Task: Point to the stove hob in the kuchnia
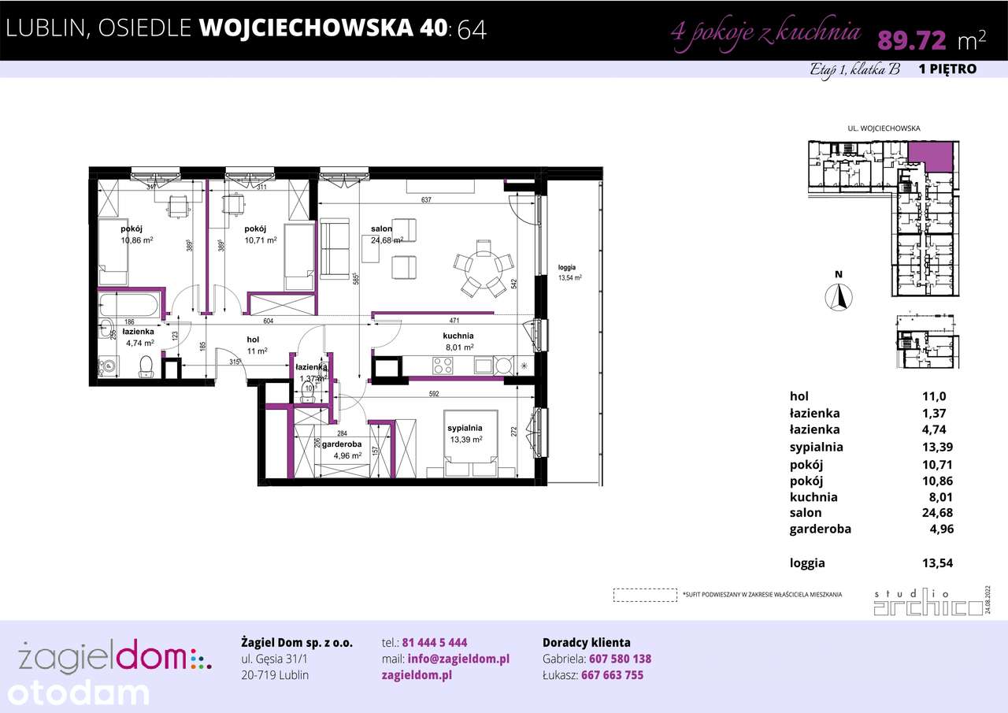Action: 443,366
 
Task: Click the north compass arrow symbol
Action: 839,297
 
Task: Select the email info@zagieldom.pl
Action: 458,659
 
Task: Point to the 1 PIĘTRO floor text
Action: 947,69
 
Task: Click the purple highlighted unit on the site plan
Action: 929,155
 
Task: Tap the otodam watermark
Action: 75,693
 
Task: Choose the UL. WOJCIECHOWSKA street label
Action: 883,128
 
